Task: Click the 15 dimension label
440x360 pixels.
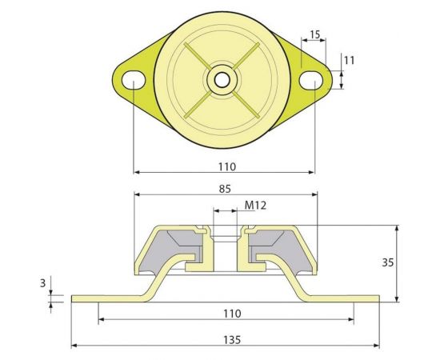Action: (314, 34)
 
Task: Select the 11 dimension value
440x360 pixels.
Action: (349, 60)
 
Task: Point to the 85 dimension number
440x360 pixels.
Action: (226, 189)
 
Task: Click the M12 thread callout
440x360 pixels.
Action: (254, 206)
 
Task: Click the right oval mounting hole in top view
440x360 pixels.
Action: (314, 80)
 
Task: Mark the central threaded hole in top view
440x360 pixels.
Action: (219, 80)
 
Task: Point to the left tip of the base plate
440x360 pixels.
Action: (74, 298)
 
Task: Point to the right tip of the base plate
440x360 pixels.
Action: (378, 298)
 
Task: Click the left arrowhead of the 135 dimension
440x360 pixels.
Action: (76, 346)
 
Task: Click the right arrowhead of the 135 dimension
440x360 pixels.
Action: (376, 346)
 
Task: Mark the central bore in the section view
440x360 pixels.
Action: (226, 248)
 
